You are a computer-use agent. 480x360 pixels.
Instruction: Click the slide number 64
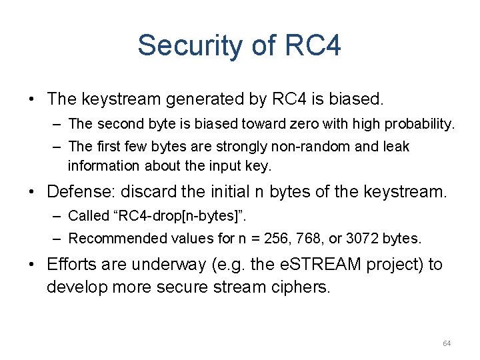[x=447, y=343]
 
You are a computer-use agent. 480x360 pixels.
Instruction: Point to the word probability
[x=419, y=124]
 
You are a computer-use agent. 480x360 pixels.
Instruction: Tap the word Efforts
[x=71, y=265]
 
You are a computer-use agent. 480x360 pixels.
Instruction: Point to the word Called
[x=89, y=217]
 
